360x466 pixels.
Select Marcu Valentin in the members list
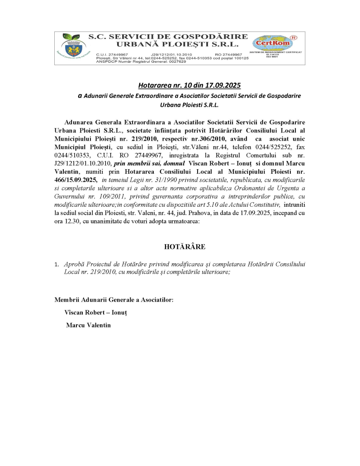coord(88,325)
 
